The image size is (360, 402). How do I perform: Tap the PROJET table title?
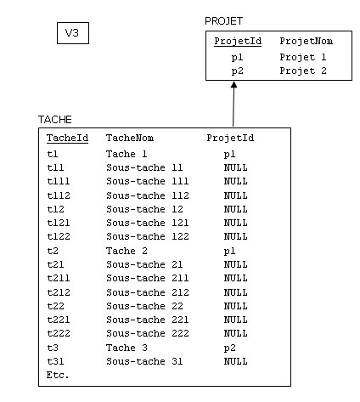click(223, 21)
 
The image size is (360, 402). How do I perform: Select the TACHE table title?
click(55, 120)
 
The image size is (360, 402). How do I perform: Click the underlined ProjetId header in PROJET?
click(238, 42)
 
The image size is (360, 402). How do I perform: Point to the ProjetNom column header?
click(306, 41)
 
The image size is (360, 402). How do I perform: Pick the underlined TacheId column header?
click(67, 139)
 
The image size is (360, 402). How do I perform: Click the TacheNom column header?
click(130, 138)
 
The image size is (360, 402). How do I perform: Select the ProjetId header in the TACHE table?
click(230, 139)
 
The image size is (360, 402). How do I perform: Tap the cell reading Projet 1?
click(303, 57)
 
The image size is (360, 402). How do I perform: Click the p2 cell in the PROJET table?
click(237, 71)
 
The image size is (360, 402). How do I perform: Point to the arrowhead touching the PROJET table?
click(233, 85)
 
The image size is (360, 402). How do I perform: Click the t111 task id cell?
click(59, 181)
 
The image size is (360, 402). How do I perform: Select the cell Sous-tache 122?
click(148, 236)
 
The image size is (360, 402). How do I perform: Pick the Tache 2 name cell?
click(127, 251)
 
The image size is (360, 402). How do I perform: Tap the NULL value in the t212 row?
click(235, 292)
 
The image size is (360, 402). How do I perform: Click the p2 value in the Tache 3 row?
click(229, 348)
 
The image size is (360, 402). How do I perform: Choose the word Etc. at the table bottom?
click(58, 375)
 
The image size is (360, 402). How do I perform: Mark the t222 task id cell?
click(59, 333)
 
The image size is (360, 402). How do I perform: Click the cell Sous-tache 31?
click(144, 361)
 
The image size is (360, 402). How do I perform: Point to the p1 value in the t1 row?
click(229, 155)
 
